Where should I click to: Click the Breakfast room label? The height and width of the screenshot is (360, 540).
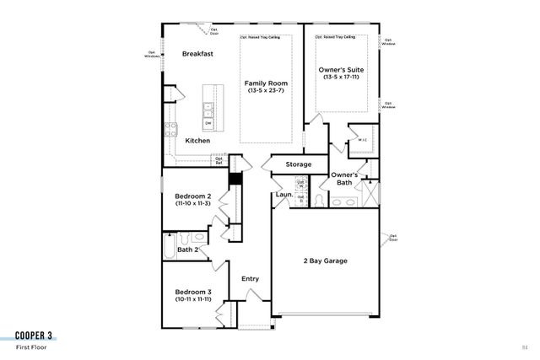point(197,54)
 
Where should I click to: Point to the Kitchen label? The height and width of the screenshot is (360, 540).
point(197,141)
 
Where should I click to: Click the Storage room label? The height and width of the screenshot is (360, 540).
point(298,164)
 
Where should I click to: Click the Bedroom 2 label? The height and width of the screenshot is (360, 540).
point(192,196)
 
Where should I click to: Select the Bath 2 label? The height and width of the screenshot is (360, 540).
point(188,250)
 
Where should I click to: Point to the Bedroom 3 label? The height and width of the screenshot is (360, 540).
point(193,292)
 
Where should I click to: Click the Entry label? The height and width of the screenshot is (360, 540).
point(251,279)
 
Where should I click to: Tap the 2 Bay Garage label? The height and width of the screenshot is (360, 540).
point(326,261)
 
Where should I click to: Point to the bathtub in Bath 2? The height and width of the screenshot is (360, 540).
point(169,250)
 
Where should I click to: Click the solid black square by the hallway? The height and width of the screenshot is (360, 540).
point(235,178)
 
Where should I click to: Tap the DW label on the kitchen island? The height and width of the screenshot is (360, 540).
point(208,123)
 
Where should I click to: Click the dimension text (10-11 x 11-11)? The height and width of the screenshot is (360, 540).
point(193,299)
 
